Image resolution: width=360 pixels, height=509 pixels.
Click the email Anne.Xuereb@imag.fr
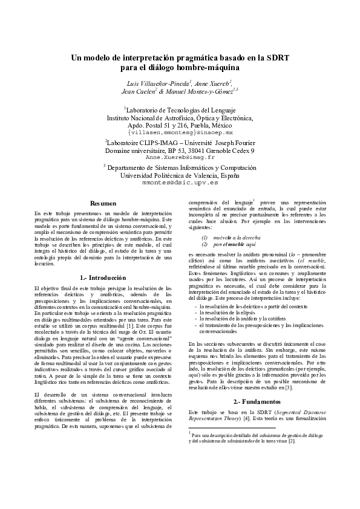pyautogui.click(x=180, y=156)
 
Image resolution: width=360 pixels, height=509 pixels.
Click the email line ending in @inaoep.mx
pyautogui.click(x=180, y=131)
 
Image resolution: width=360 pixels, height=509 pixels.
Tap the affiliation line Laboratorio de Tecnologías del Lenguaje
pyautogui.click(x=180, y=109)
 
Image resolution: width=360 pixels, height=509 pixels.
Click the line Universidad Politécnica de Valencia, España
pyautogui.click(x=180, y=175)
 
